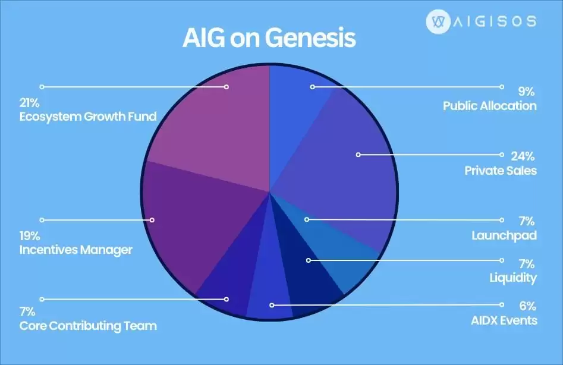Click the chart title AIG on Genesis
tap(268, 39)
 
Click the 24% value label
tap(523, 157)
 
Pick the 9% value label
tap(526, 92)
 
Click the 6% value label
tap(527, 307)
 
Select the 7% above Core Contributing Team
tap(27, 311)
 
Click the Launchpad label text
tap(504, 235)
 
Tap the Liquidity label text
tap(513, 278)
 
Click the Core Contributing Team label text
tap(88, 326)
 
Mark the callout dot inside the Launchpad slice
tap(307, 219)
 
